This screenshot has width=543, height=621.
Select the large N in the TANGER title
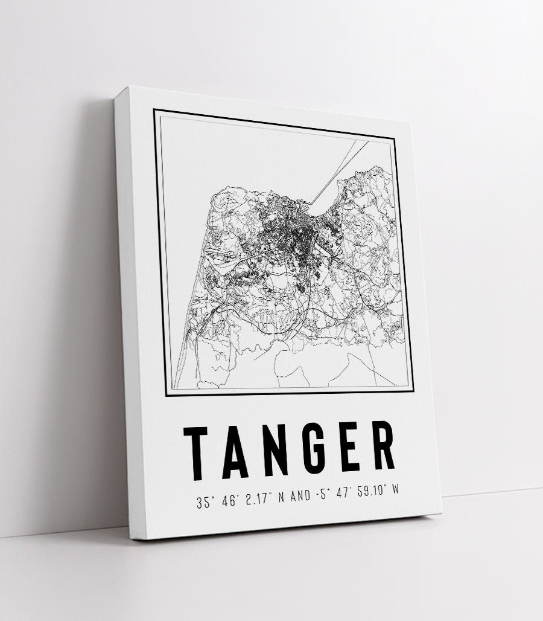[276, 450]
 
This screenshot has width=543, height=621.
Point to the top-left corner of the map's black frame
[154, 110]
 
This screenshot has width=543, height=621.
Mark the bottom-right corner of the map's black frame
[413, 391]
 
